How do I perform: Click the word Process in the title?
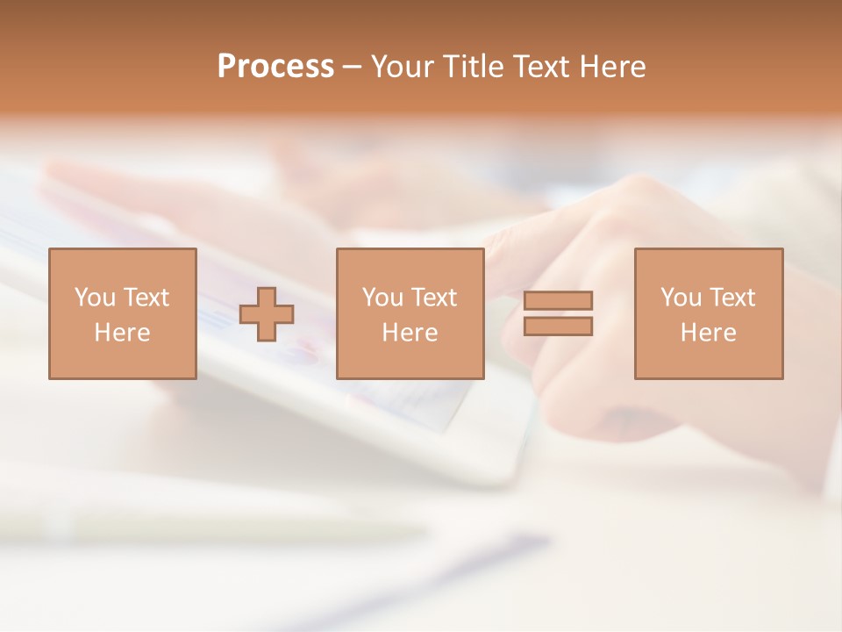(x=275, y=67)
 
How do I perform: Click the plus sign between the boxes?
(x=267, y=314)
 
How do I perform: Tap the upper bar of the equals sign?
(x=558, y=300)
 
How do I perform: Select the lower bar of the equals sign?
(x=558, y=327)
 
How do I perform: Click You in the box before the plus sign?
(x=94, y=298)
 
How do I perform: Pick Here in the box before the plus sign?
(x=122, y=333)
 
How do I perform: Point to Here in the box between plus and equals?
(x=410, y=333)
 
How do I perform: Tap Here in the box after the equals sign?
(x=708, y=333)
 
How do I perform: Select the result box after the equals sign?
(x=709, y=360)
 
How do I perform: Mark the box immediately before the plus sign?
(x=122, y=360)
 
